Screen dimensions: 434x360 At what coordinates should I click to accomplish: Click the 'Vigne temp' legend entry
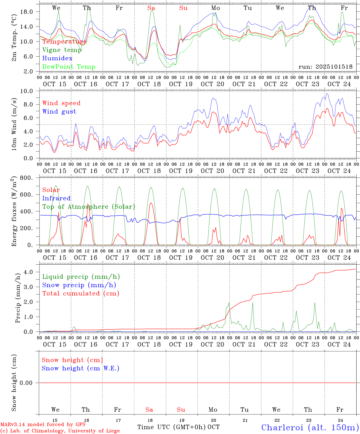62,50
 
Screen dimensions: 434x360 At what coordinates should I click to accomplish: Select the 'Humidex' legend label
57,58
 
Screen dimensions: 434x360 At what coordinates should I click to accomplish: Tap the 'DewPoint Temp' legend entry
69,67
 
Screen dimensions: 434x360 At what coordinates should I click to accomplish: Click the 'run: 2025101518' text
325,67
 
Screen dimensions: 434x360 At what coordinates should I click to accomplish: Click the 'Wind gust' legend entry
59,112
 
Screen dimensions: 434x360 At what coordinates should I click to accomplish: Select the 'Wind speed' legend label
62,103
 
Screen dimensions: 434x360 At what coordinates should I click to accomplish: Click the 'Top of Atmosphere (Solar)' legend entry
89,207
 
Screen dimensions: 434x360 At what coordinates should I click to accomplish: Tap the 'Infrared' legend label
56,198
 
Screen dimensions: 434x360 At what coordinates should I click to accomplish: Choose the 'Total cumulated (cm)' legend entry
81,294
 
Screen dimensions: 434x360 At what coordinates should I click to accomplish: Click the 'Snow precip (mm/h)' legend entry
79,285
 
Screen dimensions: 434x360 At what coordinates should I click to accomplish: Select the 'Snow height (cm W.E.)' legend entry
81,368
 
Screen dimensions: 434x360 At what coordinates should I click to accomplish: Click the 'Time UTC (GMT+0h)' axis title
172,427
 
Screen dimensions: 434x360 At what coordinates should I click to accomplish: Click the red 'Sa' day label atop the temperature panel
151,8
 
